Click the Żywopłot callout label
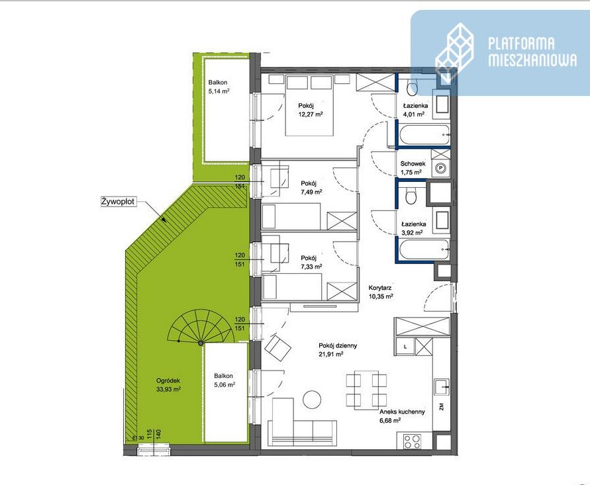point(117,202)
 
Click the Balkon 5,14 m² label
point(219,87)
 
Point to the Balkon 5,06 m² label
point(224,380)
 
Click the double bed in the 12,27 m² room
point(309,105)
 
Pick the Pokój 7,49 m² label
point(311,188)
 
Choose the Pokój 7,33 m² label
point(311,263)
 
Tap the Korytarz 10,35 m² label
point(381,292)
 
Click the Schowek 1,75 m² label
point(413,168)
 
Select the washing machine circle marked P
point(440,169)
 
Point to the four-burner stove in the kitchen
point(413,441)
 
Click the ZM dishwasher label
point(442,406)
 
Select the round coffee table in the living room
point(313,400)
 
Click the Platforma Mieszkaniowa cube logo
point(454,52)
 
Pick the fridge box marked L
point(405,347)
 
